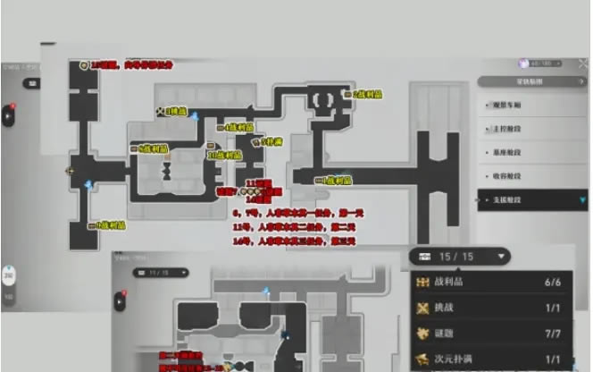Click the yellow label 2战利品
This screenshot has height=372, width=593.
tap(366, 94)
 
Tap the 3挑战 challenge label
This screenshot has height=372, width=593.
tap(175, 112)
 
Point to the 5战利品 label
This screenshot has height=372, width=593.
tap(153, 148)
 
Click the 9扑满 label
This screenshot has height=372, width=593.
tap(271, 142)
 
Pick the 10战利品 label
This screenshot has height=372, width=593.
tap(225, 156)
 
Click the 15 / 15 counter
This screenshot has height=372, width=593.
tap(460, 257)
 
